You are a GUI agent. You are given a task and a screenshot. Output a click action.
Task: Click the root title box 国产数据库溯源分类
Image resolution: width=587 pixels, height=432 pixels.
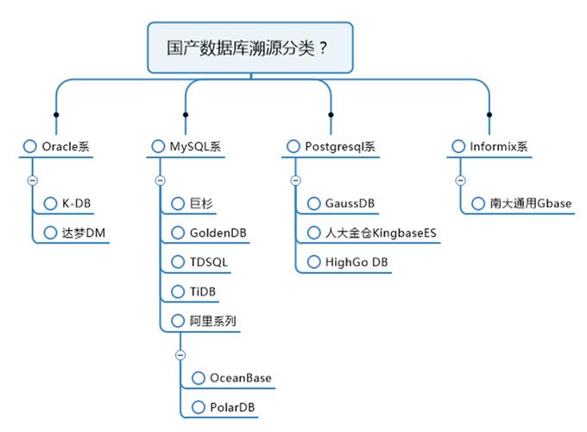249,48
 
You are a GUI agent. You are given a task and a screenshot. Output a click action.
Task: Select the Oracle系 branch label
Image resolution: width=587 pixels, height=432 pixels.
66,147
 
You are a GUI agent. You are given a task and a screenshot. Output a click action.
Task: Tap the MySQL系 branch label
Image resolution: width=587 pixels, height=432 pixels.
195,147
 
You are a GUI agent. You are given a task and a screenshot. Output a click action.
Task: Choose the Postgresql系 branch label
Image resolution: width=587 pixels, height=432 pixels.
340,147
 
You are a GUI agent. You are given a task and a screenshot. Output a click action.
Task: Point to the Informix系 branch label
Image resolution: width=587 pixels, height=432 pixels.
498,147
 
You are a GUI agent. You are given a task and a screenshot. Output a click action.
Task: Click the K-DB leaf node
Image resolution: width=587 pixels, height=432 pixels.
77,204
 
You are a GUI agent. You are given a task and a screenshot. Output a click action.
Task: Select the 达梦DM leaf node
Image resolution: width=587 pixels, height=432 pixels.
84,232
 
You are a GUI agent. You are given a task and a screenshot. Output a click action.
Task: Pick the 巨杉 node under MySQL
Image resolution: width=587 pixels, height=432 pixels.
201,204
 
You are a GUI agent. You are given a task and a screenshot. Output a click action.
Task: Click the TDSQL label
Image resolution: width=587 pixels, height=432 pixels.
210,262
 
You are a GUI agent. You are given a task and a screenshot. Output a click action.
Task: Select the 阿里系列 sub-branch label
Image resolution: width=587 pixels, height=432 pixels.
213,321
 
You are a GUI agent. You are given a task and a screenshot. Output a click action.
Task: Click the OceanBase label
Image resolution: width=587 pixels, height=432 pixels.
241,378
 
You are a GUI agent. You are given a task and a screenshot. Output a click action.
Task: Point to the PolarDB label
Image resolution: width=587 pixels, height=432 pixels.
233,407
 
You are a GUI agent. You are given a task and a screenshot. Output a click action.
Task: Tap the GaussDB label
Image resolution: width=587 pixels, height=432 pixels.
350,204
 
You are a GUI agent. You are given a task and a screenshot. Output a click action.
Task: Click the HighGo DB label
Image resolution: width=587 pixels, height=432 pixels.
357,262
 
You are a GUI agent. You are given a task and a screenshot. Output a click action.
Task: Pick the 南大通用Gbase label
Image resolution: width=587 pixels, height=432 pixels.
530,204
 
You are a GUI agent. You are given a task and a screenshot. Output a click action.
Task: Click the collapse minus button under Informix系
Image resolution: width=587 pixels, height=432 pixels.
460,180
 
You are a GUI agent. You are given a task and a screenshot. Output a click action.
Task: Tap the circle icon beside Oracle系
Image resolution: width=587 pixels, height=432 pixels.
30,147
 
